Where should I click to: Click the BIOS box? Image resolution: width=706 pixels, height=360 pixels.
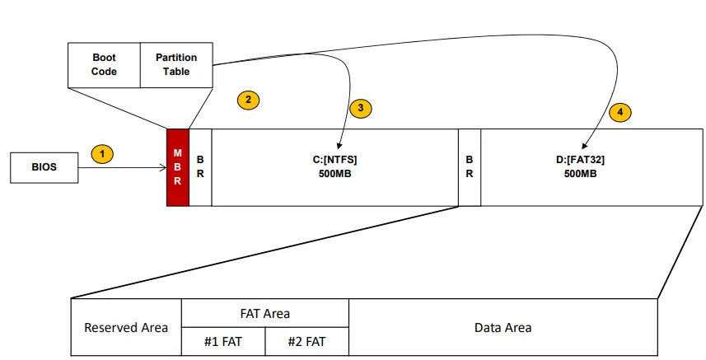click(44, 167)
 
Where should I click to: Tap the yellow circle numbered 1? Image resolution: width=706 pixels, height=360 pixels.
click(101, 154)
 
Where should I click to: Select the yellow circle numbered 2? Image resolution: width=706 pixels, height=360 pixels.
click(248, 101)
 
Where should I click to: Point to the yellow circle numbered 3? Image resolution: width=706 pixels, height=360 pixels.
click(361, 108)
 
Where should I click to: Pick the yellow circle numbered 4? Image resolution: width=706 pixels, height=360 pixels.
click(620, 111)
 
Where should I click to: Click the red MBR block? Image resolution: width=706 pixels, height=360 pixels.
click(177, 167)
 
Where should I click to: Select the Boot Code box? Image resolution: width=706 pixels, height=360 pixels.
click(104, 64)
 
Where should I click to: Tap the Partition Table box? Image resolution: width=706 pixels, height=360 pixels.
click(176, 64)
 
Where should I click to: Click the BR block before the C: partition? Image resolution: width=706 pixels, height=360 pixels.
click(200, 167)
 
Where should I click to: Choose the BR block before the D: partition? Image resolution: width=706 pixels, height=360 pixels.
click(469, 167)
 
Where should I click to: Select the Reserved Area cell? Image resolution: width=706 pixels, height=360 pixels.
click(126, 327)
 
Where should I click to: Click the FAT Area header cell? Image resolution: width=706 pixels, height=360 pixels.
click(265, 313)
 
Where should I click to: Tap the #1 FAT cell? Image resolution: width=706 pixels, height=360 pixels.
click(223, 341)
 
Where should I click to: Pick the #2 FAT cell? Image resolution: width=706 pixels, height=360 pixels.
click(307, 341)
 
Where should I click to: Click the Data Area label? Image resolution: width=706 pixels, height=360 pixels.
click(503, 327)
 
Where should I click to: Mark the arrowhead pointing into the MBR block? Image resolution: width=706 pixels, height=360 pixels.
click(163, 168)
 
